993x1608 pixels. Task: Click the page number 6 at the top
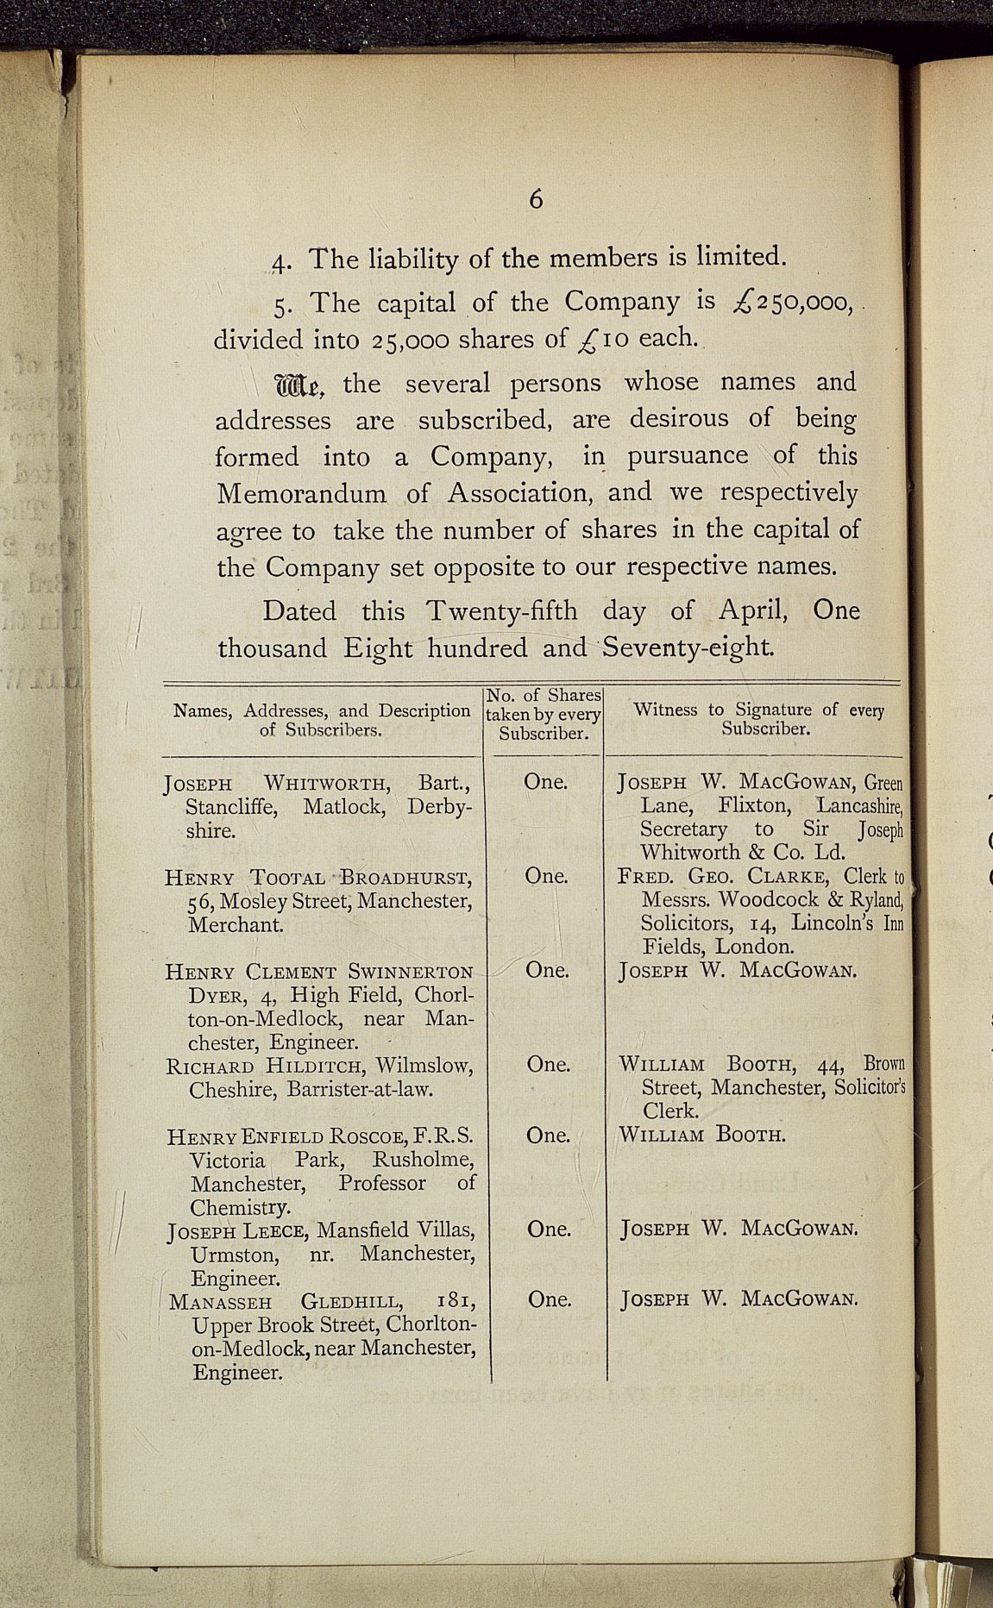pos(536,200)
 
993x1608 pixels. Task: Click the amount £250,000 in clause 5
pos(790,303)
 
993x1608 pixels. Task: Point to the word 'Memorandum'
pos(301,494)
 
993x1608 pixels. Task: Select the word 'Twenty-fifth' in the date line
pos(502,610)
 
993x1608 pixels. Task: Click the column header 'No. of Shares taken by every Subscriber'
pos(544,714)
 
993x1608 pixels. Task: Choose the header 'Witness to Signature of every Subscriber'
pos(758,718)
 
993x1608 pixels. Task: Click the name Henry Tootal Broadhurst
pos(317,879)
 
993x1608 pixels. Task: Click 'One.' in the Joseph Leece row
pos(549,1229)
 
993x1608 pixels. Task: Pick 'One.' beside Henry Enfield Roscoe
pos(548,1136)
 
